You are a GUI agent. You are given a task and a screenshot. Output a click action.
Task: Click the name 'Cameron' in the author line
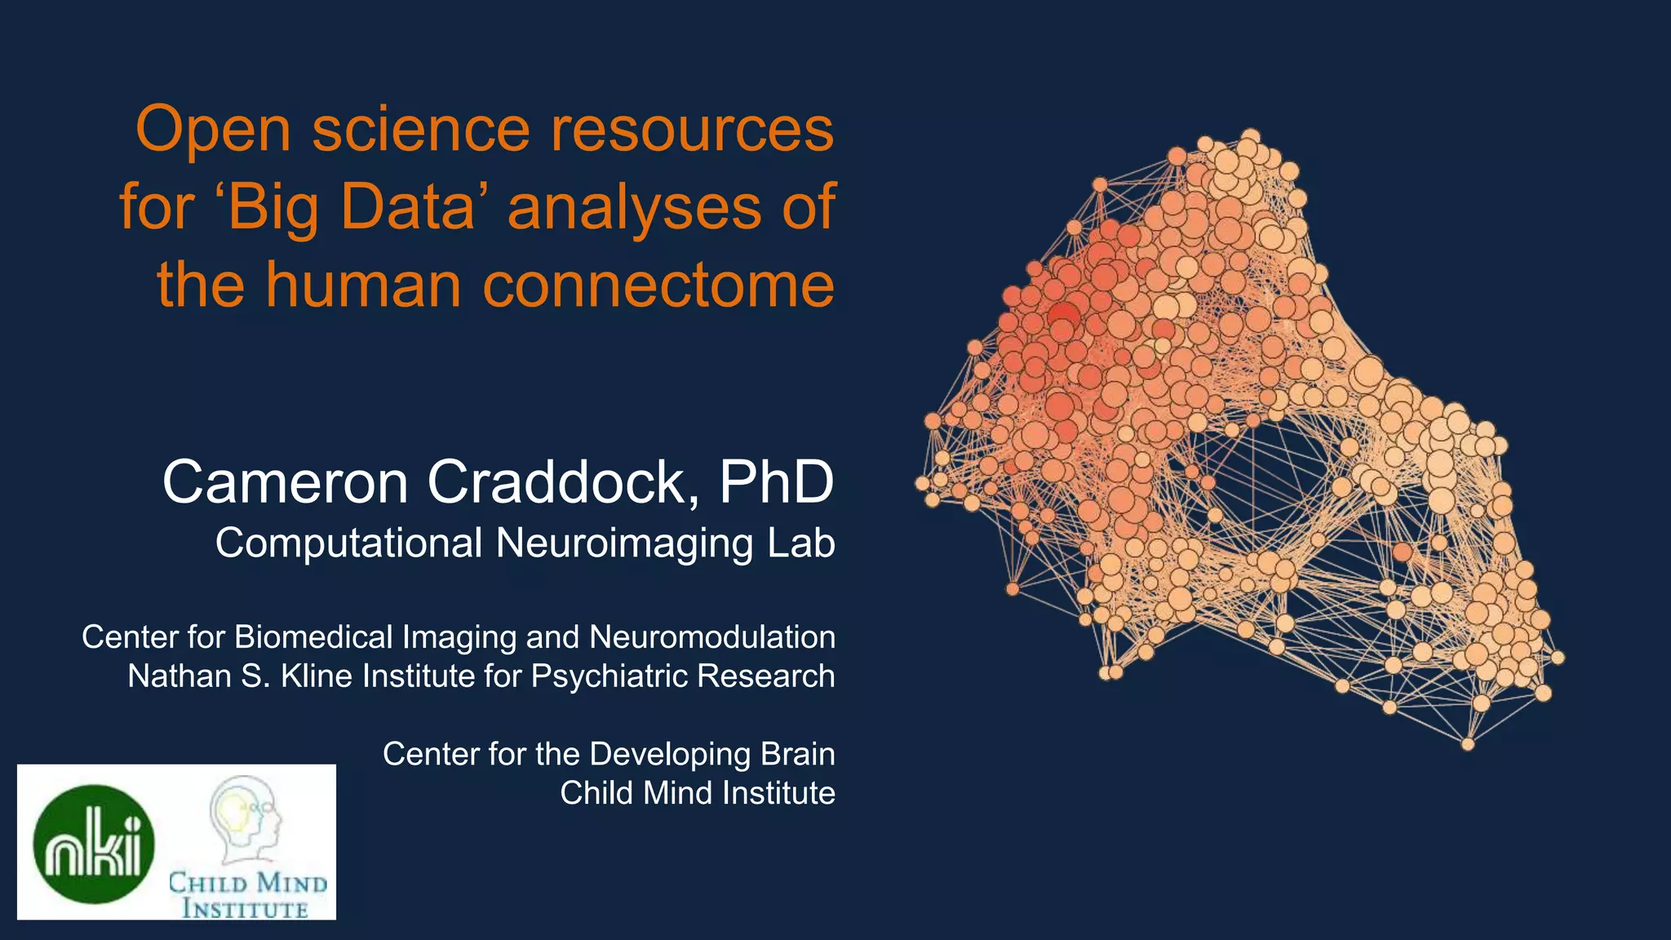coord(285,482)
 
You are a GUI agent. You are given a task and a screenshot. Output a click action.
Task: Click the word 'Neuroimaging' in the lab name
coord(624,543)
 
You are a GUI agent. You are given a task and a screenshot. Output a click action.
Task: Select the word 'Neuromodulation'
coord(711,637)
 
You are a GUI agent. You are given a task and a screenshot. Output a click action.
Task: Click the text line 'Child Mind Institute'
coord(697,793)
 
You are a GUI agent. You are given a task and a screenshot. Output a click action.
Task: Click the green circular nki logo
coord(94,844)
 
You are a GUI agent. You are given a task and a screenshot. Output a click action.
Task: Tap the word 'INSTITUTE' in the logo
coord(245,909)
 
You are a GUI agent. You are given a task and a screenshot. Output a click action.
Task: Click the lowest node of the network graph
coord(1467,743)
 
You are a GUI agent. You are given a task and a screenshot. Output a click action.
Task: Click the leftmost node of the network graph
coord(922,483)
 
